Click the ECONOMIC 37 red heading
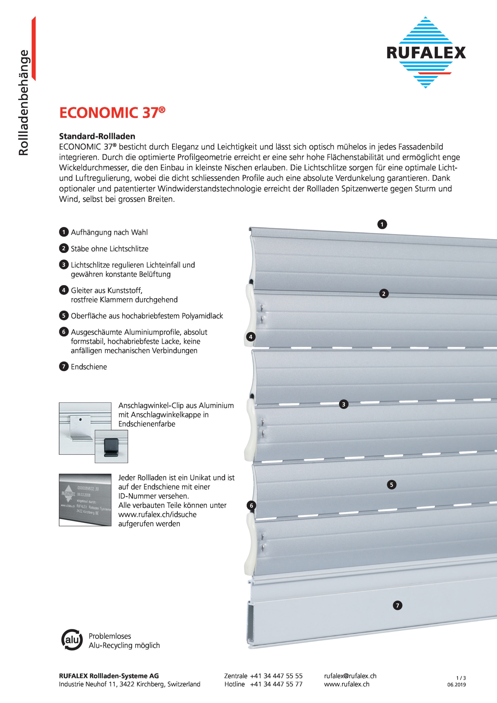pos(112,113)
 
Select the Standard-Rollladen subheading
pos(97,136)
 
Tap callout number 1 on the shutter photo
pos(382,224)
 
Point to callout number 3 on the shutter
pos(344,404)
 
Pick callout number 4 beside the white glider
pos(251,337)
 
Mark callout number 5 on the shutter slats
pos(392,484)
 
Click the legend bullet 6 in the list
pos(64,332)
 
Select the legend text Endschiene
pos(89,367)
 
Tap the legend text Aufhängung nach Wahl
pos(109,232)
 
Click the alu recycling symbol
pos(72,640)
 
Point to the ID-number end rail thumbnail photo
pos(85,500)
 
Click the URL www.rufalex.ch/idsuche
pos(157,514)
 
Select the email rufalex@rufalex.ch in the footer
pos(350,676)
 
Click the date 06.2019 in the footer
pos(456,685)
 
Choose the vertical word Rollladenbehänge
pos(24,103)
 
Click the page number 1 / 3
pos(461,678)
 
